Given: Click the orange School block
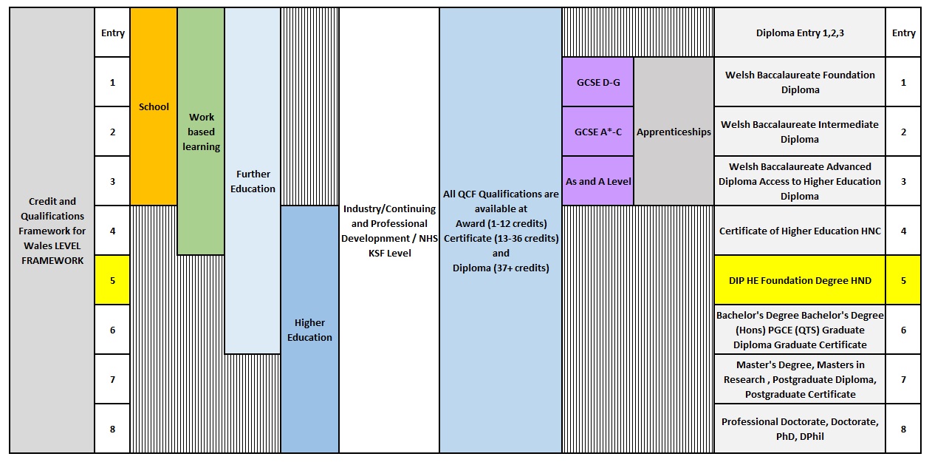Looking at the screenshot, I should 154,106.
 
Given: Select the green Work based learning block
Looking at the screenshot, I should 201,132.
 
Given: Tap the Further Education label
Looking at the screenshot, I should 253,181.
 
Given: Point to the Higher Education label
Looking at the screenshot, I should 309,330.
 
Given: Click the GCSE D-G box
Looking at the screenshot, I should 597,82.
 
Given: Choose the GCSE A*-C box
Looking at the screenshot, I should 597,132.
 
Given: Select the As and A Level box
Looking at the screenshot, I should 597,181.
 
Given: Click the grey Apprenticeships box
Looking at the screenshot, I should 674,132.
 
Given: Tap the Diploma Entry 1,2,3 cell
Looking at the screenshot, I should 800,33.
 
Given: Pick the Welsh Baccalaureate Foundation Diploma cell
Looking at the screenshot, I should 800,82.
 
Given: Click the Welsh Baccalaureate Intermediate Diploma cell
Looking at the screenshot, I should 800,132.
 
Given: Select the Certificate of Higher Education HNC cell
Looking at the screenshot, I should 800,231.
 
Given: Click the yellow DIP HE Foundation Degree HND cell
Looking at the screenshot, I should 800,280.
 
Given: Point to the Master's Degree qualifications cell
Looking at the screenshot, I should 800,379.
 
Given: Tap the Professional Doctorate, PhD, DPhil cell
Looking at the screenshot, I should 800,429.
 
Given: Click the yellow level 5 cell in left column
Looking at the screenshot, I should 112,280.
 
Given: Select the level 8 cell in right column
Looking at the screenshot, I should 903,429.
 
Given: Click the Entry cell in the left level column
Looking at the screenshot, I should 112,33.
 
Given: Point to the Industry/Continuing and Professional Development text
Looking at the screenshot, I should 388,231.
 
